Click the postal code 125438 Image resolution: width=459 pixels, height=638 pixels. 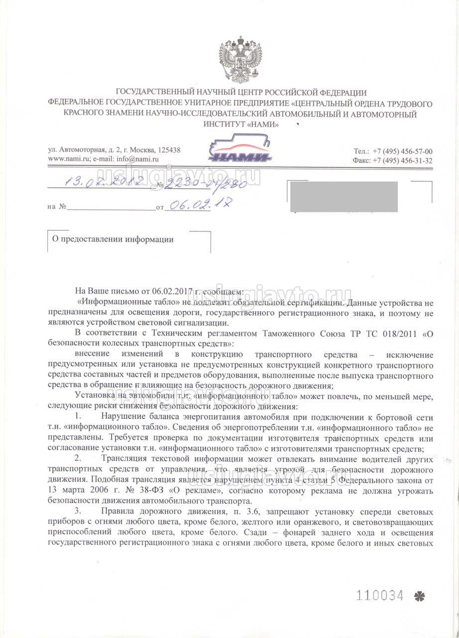[169, 150]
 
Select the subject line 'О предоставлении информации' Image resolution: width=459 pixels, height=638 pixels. [113, 239]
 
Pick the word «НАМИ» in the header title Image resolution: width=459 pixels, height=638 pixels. [262, 125]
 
